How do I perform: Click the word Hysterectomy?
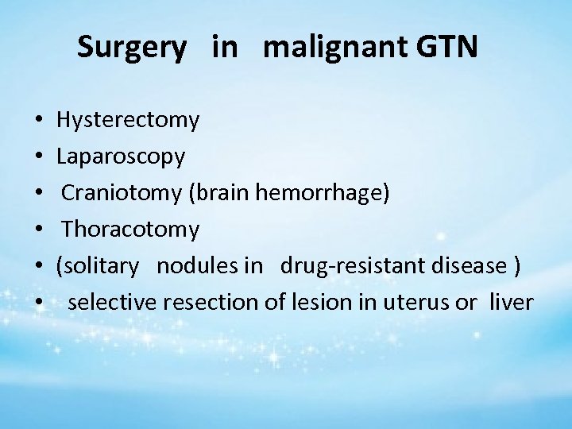128,121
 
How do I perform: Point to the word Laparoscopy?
121,157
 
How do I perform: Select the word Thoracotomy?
131,230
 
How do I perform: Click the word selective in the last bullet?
112,302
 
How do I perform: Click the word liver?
512,302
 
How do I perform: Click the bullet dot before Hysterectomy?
39,122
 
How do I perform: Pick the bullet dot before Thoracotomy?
39,230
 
